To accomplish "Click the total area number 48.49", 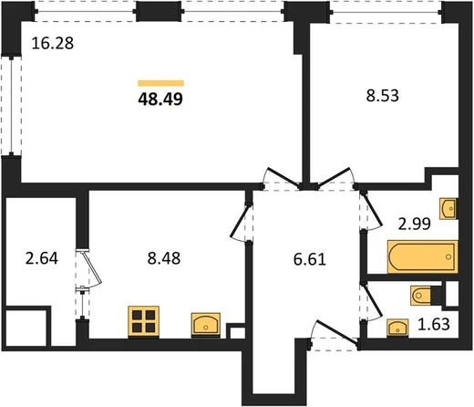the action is (160, 99).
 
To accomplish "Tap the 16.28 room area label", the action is (53, 43).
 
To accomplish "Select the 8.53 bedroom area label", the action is (382, 95).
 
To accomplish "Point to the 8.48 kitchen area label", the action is (164, 258).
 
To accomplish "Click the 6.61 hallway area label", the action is (310, 260).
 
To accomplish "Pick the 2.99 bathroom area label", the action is (415, 224).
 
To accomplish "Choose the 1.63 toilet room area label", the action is (434, 324).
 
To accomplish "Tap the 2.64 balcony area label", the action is (42, 258).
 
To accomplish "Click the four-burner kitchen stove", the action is (144, 322).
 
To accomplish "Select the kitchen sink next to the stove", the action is (206, 325).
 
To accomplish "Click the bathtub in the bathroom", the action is (423, 256).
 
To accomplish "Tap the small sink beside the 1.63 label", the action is (397, 328).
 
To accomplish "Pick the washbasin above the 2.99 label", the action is (448, 209).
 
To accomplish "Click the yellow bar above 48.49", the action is (160, 83).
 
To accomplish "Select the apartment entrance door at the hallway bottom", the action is (336, 333).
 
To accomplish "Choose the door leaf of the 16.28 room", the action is (282, 177).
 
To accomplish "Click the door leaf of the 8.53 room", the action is (334, 176).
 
